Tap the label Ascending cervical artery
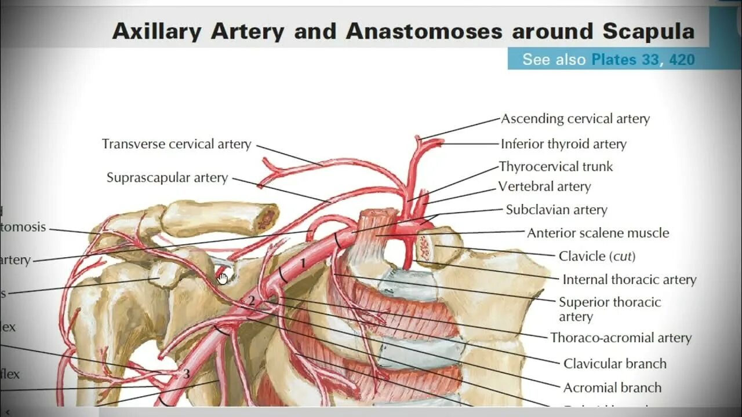coord(575,119)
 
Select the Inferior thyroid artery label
coord(563,144)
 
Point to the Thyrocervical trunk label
coord(556,167)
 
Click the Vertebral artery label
coord(544,186)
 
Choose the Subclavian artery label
coord(556,210)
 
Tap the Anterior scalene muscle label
coord(598,233)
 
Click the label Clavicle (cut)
coord(597,256)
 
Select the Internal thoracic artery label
coord(629,280)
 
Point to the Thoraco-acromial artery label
coord(621,338)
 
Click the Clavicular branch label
coord(615,364)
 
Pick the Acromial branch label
coord(612,387)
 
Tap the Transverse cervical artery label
coord(176,144)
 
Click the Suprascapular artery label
coord(167,178)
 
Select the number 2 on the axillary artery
coord(252,301)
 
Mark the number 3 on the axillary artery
coord(186,374)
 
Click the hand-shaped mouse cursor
coord(223,279)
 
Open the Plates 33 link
coord(625,60)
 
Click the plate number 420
coord(682,60)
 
